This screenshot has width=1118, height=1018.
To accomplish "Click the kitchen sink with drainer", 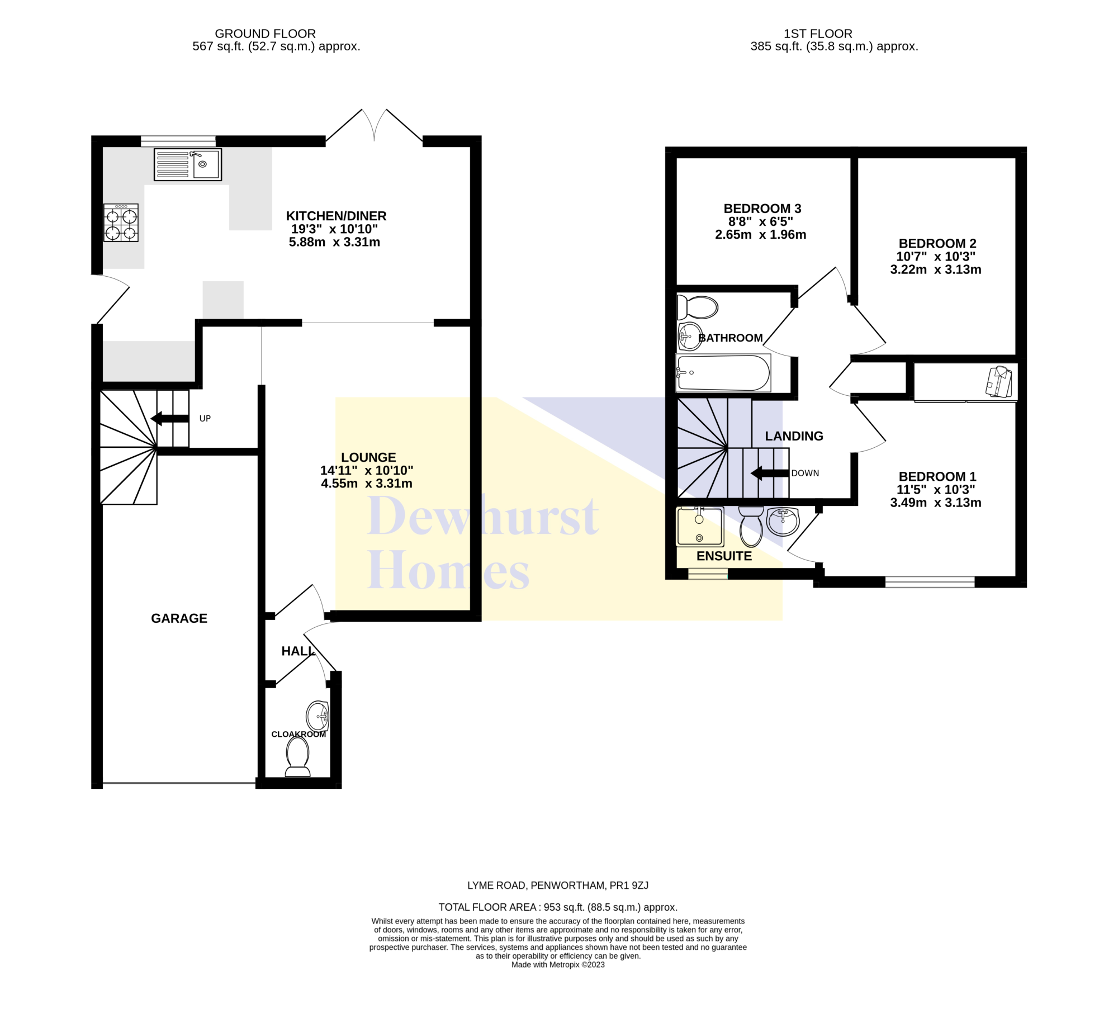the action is (x=188, y=164).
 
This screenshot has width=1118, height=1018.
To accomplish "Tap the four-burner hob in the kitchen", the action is (x=121, y=222).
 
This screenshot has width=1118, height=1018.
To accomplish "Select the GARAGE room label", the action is (x=179, y=618).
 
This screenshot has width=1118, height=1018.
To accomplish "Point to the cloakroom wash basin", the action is (x=318, y=716).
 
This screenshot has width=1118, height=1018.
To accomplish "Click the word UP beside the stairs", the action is (x=205, y=419).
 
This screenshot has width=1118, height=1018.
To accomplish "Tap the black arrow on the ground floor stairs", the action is (x=170, y=418).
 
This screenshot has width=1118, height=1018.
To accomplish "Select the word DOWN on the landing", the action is (x=805, y=474).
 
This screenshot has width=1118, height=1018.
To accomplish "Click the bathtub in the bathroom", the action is (x=723, y=373).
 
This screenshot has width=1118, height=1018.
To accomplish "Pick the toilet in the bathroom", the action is (x=697, y=307).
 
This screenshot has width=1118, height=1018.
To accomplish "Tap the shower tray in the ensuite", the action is (x=700, y=527).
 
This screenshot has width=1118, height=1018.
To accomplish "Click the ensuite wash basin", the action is (x=783, y=522).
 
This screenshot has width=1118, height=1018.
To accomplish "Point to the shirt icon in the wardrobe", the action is (x=999, y=381).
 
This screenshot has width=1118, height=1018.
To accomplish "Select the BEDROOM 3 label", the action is (x=762, y=209).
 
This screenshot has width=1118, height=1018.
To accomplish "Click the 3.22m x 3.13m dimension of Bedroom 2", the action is (x=936, y=269).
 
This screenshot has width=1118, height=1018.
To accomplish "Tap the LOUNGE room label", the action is (x=368, y=457).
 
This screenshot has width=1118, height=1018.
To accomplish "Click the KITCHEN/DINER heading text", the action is (x=336, y=216).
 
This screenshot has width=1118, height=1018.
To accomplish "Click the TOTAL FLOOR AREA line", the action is (x=558, y=907).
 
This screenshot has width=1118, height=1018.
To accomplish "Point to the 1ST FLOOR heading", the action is (x=818, y=34).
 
